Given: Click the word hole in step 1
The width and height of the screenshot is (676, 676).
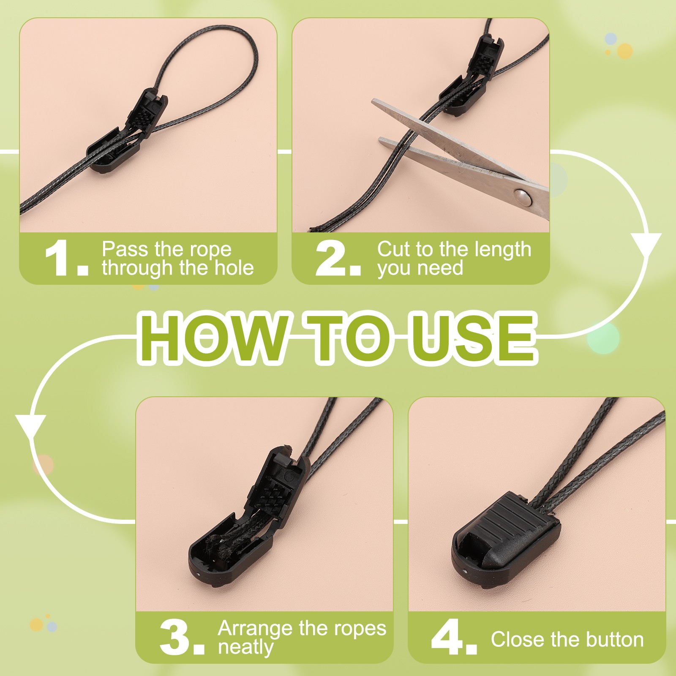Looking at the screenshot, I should (234, 268).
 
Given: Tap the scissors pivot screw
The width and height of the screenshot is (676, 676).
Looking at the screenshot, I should (523, 196).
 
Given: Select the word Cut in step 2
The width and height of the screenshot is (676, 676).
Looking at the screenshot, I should (393, 249).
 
